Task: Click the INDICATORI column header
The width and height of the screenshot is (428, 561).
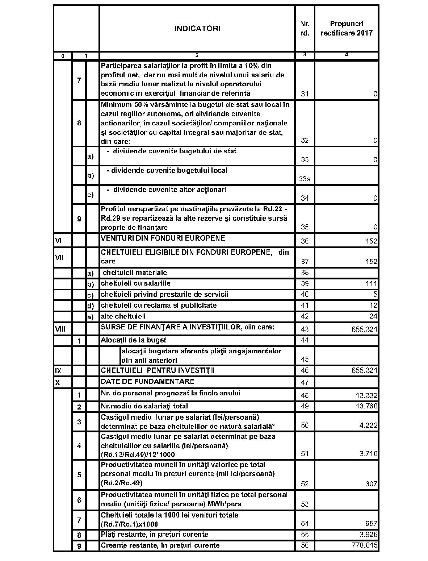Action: pyautogui.click(x=197, y=29)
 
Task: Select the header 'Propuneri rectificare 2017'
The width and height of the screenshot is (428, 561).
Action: pyautogui.click(x=346, y=28)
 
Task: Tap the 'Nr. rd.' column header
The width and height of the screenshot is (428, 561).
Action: pyautogui.click(x=305, y=28)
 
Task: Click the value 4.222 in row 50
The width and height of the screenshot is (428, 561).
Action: pyautogui.click(x=368, y=425)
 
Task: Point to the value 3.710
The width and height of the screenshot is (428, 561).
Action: pyautogui.click(x=368, y=453)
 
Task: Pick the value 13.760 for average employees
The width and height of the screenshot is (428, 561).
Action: pyautogui.click(x=366, y=406)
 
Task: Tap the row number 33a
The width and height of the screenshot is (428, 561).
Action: pyautogui.click(x=305, y=179)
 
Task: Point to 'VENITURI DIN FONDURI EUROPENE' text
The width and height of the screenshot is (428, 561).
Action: pyautogui.click(x=163, y=238)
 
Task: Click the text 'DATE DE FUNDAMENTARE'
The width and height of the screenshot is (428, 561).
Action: pyautogui.click(x=147, y=381)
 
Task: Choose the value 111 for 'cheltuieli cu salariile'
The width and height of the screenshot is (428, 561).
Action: pyautogui.click(x=371, y=283)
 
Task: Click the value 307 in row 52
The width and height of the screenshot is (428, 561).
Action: pyautogui.click(x=371, y=484)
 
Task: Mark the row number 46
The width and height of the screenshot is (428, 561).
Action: pyautogui.click(x=305, y=371)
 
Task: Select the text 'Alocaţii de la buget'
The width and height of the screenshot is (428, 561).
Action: pyautogui.click(x=134, y=340)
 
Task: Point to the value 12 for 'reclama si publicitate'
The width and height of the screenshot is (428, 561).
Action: pyautogui.click(x=373, y=305)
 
